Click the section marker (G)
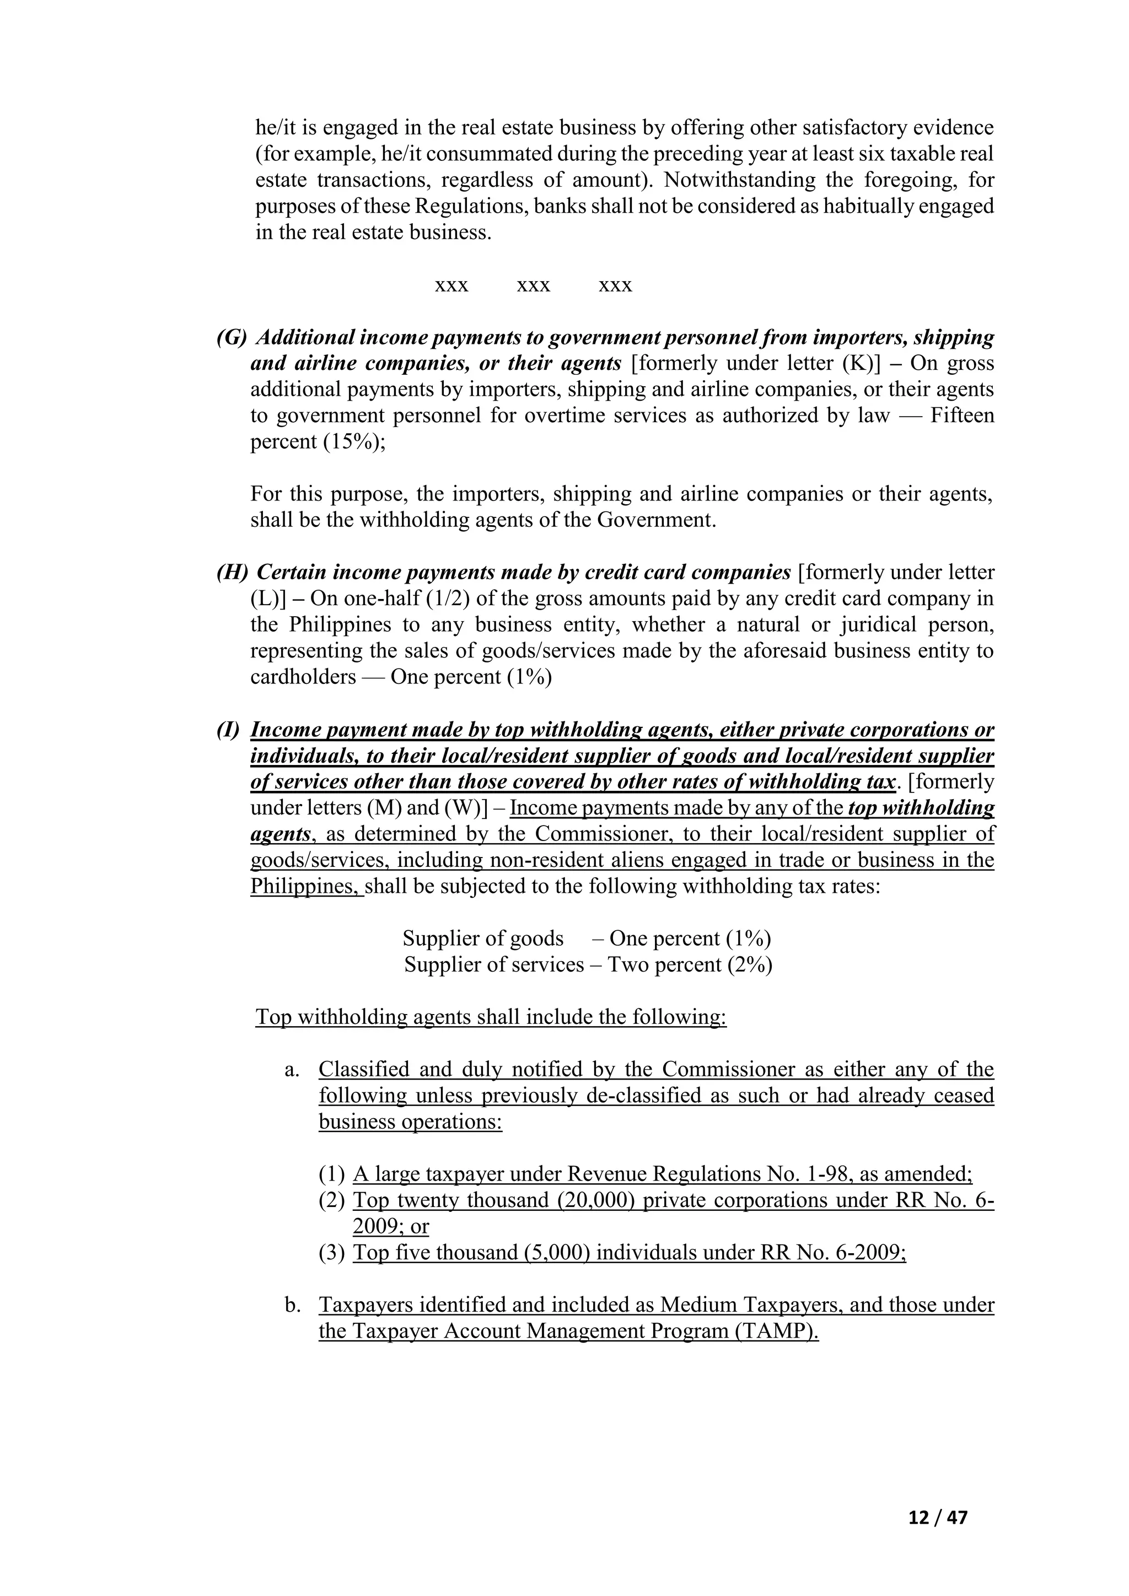coord(232,337)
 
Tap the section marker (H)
coord(232,572)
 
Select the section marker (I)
coord(228,730)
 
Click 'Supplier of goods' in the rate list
coord(482,939)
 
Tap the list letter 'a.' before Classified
coord(292,1069)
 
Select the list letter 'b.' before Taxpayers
coord(292,1305)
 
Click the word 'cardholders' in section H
coord(303,677)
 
